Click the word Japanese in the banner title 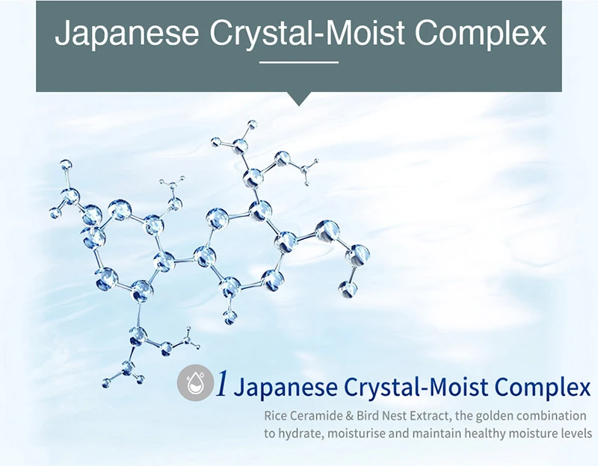click(x=126, y=33)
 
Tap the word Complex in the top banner click(x=481, y=33)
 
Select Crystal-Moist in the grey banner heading click(x=306, y=33)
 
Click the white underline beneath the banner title click(x=299, y=62)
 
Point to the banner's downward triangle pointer click(x=299, y=99)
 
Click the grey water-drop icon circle click(x=196, y=383)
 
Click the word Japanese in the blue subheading click(x=286, y=388)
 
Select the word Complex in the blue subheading click(x=543, y=388)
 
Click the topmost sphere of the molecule click(x=252, y=125)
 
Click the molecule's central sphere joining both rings click(x=204, y=255)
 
